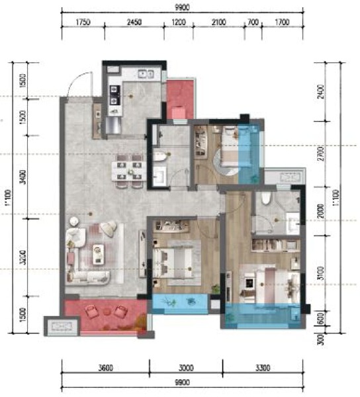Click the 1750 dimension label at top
[x=82, y=22]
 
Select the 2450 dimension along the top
[x=134, y=22]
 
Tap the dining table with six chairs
[x=128, y=167]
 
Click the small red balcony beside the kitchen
[x=179, y=101]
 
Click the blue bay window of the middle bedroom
[x=179, y=303]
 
